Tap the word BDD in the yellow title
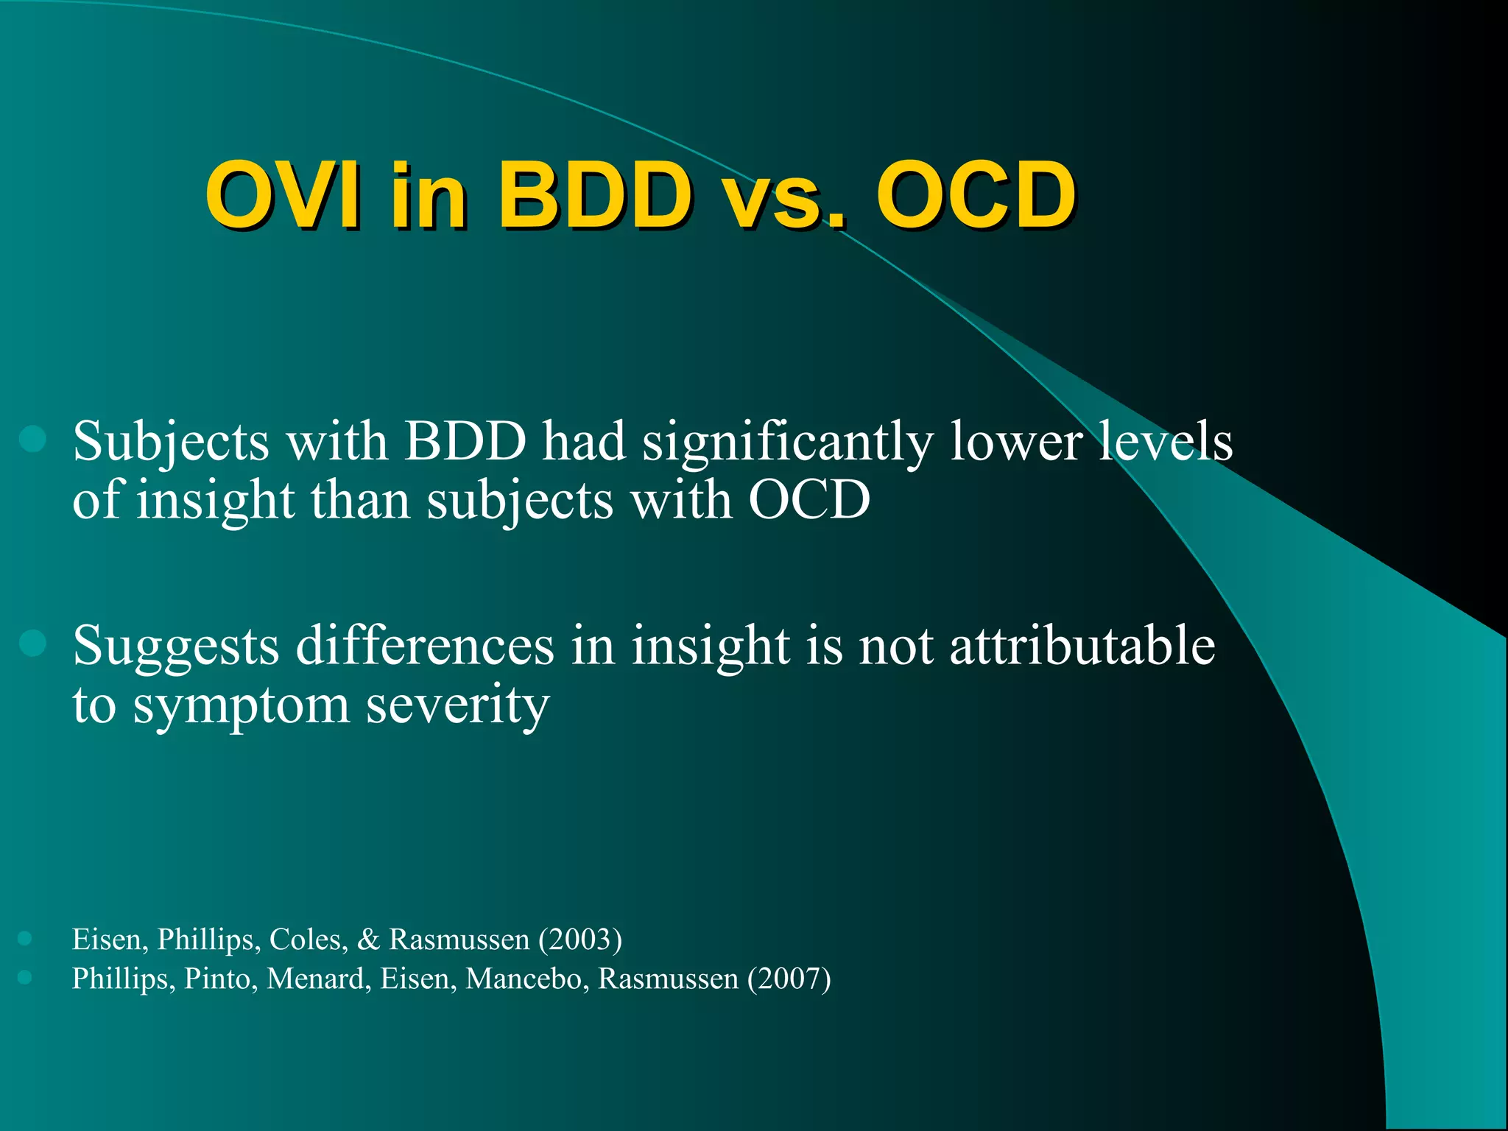tap(595, 196)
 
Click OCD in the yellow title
tap(976, 196)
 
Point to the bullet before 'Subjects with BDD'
tap(33, 440)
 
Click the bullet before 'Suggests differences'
tap(33, 643)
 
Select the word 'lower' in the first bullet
tap(1015, 442)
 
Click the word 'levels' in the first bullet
tap(1165, 442)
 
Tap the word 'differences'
tap(424, 646)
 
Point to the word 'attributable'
tap(1082, 646)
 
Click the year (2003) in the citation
tap(580, 940)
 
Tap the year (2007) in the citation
tap(789, 979)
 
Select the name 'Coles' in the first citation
tap(308, 940)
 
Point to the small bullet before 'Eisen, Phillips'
tap(25, 938)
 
